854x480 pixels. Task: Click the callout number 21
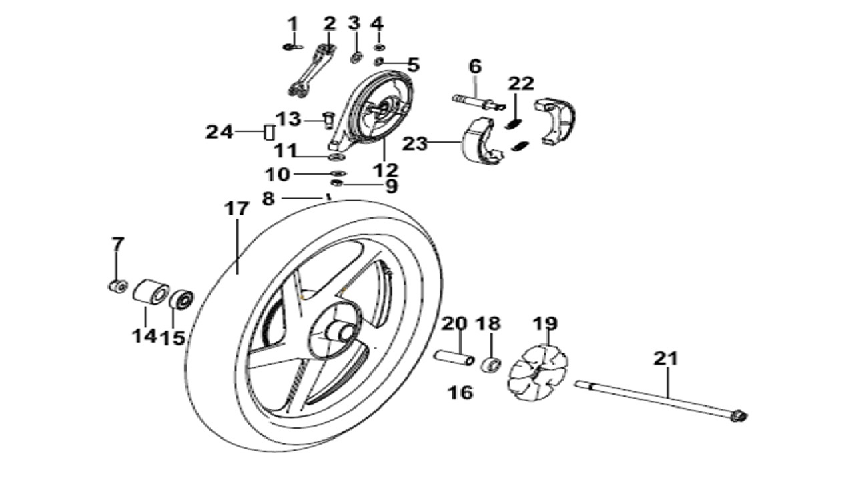click(x=666, y=359)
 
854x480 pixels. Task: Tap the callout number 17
click(x=236, y=209)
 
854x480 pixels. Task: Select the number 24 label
click(x=220, y=132)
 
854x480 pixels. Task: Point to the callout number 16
click(x=460, y=393)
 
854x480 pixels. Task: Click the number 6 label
click(x=476, y=66)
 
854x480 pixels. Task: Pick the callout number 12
click(x=386, y=170)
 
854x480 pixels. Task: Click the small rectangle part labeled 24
click(x=270, y=133)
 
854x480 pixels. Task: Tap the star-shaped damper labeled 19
click(x=538, y=372)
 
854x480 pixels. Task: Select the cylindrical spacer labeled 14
click(x=151, y=292)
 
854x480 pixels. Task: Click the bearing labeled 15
click(x=181, y=299)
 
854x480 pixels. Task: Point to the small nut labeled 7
click(x=117, y=286)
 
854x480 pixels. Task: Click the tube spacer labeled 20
click(x=454, y=359)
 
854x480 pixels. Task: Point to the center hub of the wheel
click(x=340, y=332)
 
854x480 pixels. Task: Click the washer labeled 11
click(x=337, y=157)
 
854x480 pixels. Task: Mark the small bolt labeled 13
click(x=328, y=121)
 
